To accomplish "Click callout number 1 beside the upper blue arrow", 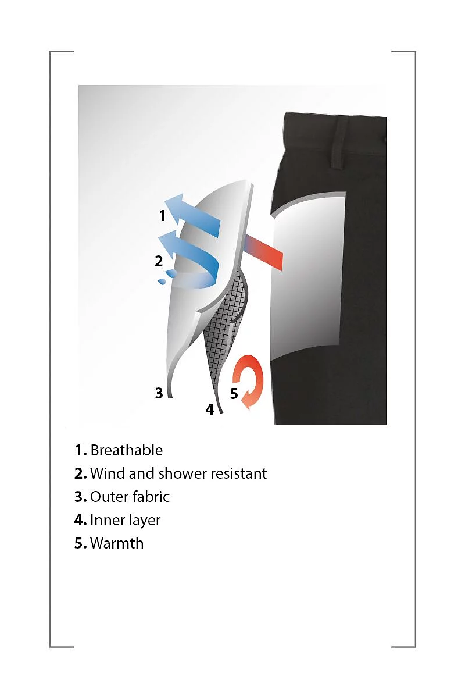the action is click(x=162, y=216).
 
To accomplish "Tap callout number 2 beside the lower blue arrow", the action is click(x=159, y=261).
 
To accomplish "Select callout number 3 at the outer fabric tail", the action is click(x=159, y=393).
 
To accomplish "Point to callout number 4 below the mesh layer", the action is click(x=210, y=409).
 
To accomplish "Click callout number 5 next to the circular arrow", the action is click(x=234, y=393).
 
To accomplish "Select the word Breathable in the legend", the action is click(x=127, y=450).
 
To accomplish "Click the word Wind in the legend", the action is click(x=108, y=473).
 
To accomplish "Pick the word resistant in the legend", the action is click(x=238, y=473).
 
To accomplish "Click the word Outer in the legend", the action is click(x=108, y=497).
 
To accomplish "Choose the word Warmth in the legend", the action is click(x=117, y=543).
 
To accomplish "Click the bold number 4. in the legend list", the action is click(x=81, y=520).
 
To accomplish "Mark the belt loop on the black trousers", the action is click(x=338, y=143).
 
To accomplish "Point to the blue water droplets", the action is click(x=167, y=277).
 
